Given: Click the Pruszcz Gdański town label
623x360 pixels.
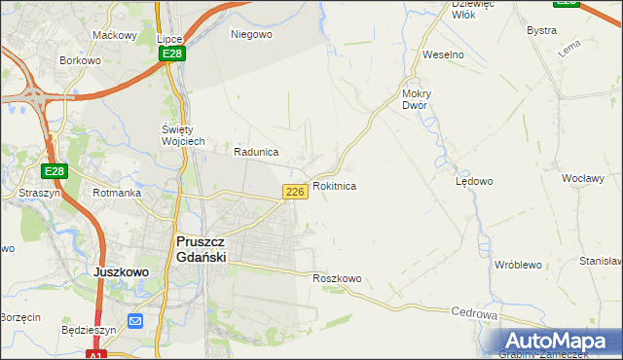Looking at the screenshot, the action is [201, 249].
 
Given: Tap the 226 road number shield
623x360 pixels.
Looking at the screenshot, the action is [297, 192].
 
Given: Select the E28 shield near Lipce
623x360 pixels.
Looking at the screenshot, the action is [172, 54].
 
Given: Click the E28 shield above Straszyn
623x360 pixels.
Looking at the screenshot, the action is [55, 172].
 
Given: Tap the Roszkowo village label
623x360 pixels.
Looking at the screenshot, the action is [337, 279].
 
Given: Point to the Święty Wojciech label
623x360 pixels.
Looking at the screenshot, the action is [182, 135].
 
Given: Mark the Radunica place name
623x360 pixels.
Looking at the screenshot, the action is [257, 153].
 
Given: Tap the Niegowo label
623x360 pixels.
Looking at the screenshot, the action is [251, 34].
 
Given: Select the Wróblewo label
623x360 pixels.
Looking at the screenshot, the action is [517, 265].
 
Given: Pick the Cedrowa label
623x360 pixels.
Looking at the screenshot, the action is [475, 314].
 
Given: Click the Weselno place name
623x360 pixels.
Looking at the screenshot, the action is [443, 54].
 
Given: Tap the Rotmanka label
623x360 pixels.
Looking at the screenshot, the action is [117, 193].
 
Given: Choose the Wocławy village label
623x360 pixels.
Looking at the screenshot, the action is [584, 179].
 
